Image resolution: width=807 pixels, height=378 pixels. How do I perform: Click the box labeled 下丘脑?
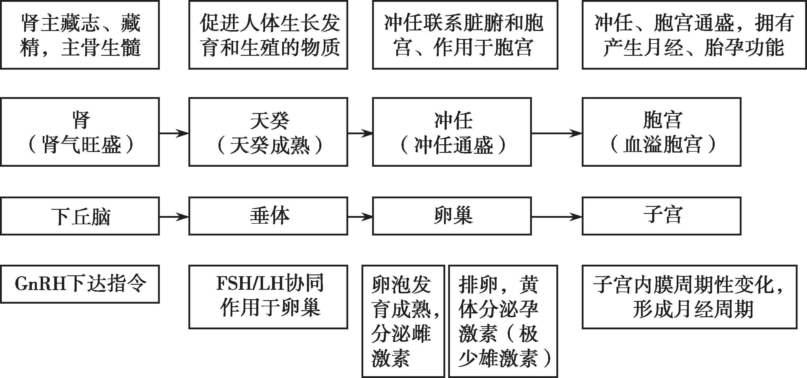click(80, 216)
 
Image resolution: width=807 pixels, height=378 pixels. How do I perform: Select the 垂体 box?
click(268, 216)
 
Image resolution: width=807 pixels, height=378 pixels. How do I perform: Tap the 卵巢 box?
click(452, 216)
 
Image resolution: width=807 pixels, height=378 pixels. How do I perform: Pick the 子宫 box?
click(661, 216)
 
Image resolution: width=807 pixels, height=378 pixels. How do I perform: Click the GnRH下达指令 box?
click(80, 284)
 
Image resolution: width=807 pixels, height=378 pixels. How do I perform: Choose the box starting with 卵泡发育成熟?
click(403, 321)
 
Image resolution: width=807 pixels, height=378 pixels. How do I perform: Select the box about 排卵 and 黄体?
click(503, 321)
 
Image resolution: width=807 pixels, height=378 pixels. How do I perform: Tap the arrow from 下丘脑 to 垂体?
click(174, 217)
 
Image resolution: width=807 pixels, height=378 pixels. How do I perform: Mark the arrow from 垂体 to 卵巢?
click(360, 217)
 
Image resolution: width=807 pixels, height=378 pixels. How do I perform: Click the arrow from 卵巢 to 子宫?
click(557, 217)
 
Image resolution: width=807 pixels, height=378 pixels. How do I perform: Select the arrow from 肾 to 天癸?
click(174, 133)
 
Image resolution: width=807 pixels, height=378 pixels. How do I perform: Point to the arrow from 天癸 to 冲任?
click(360, 133)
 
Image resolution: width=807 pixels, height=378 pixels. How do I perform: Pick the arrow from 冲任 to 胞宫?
click(557, 133)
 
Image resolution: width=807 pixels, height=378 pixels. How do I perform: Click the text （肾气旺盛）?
click(81, 145)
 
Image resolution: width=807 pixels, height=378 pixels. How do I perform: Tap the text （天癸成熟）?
click(269, 145)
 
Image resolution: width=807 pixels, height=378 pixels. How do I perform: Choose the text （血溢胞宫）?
click(662, 145)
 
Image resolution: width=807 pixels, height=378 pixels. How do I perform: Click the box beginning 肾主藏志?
click(80, 35)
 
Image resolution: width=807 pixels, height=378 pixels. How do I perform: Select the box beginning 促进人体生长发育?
click(268, 35)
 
